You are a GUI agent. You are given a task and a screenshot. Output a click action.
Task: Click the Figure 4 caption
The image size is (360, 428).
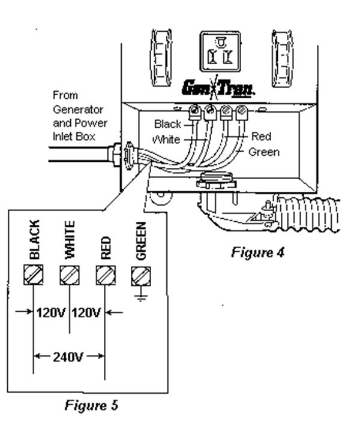(257, 252)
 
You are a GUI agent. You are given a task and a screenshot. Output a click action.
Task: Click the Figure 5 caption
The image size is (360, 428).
(91, 405)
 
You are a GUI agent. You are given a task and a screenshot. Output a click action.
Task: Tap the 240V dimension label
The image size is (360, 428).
(68, 357)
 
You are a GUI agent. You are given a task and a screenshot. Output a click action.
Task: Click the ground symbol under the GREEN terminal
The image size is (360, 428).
(141, 295)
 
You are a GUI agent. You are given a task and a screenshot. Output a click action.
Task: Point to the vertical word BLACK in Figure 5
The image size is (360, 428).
(34, 239)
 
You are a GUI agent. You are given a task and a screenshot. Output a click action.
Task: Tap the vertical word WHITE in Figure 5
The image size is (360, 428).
(70, 239)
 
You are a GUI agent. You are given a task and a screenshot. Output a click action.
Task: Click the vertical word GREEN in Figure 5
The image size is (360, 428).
(142, 240)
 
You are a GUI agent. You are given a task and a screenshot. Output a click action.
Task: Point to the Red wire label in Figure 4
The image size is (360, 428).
(261, 137)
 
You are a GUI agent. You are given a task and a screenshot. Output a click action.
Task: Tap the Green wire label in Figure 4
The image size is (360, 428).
(264, 152)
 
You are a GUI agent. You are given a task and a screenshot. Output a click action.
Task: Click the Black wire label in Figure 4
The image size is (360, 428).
(167, 124)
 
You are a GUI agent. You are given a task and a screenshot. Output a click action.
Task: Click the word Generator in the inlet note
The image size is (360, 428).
(78, 110)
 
